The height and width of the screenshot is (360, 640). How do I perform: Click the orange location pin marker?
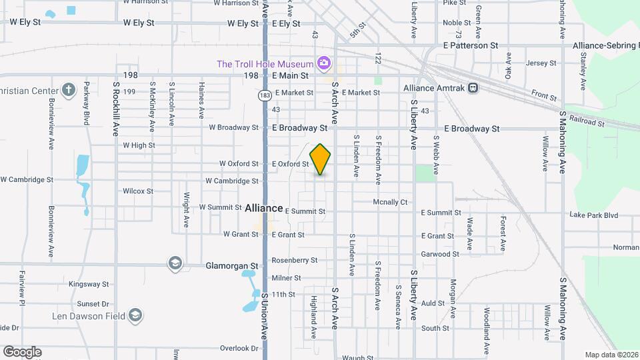(x=320, y=159)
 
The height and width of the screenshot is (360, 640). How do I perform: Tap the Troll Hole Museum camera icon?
(x=323, y=64)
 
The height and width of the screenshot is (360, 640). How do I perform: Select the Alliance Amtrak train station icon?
(x=472, y=88)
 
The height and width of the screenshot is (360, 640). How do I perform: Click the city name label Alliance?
(x=265, y=208)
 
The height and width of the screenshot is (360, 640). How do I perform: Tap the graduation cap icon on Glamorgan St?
(x=175, y=265)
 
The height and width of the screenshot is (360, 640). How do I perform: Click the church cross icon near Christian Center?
(x=68, y=89)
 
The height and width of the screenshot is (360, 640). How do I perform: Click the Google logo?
(x=22, y=352)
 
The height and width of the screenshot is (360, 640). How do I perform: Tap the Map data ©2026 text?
(x=611, y=355)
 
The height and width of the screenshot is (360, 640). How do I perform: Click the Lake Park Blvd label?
(x=593, y=215)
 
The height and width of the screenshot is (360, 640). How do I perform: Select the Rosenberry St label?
(x=295, y=260)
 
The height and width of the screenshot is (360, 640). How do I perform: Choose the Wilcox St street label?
(x=138, y=191)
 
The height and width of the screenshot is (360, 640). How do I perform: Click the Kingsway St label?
(x=89, y=284)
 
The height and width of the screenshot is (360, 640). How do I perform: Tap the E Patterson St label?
(x=471, y=45)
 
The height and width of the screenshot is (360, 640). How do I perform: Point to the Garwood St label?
(x=440, y=254)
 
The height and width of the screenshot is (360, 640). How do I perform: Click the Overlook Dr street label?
(x=239, y=348)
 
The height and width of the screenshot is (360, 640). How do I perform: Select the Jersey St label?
(x=541, y=63)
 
